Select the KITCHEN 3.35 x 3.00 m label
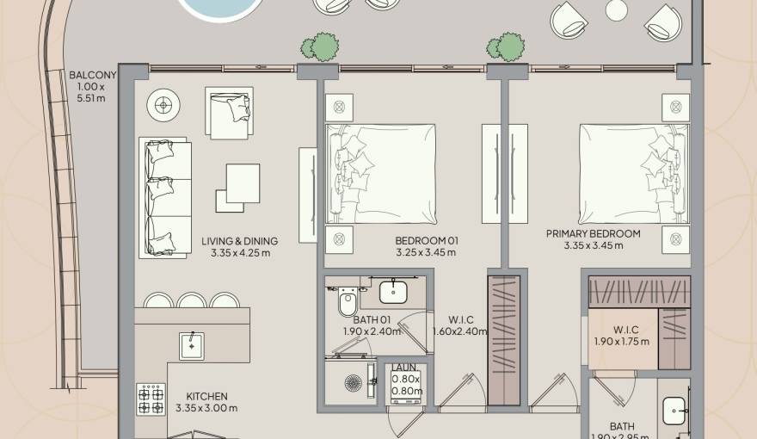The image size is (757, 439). pos(206,402)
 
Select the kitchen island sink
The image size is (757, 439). pos(191,345)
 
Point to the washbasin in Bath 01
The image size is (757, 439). pos(394,291)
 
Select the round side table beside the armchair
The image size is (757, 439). pos(163,106)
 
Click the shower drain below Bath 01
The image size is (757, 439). pos(353,382)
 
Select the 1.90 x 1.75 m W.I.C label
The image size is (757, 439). pos(621,335)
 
